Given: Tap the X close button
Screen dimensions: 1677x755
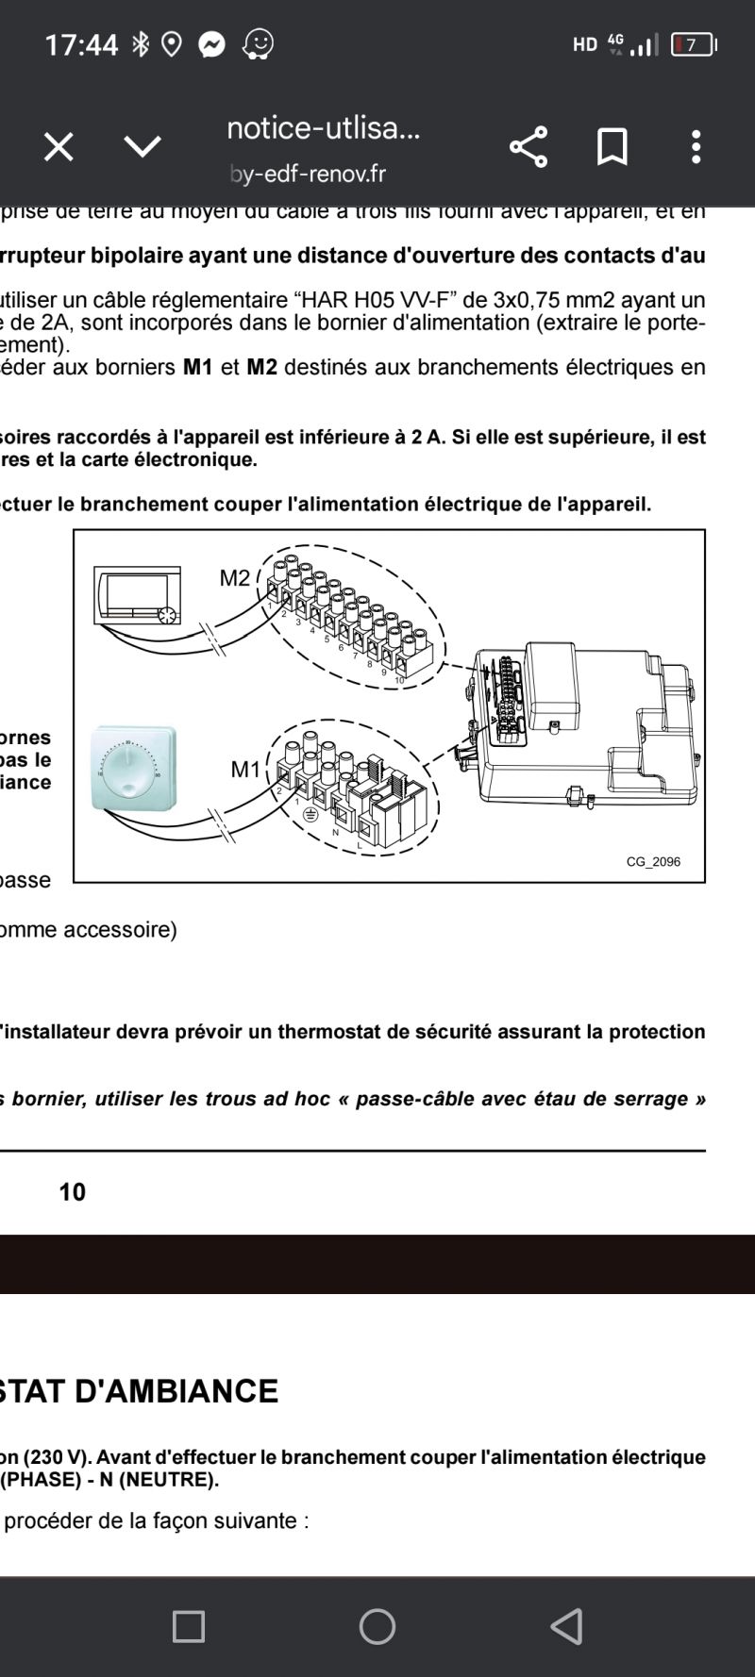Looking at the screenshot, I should click(59, 147).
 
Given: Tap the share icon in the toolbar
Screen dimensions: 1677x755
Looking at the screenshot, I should click(528, 147).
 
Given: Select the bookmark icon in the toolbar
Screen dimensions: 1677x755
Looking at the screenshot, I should click(612, 147).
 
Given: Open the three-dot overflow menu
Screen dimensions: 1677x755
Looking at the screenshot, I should click(696, 147).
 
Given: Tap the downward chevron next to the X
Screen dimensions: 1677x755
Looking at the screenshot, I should click(143, 147).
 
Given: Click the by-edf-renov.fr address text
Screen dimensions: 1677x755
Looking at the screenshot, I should click(308, 174).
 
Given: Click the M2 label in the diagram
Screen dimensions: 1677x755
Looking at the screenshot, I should click(235, 577).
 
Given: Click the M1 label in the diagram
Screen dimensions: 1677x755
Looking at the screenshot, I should click(245, 770).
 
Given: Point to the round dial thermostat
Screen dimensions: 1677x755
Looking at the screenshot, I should click(133, 769).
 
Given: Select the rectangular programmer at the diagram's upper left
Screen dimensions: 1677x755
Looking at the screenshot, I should click(138, 595).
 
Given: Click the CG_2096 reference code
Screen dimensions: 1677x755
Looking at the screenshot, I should click(653, 861).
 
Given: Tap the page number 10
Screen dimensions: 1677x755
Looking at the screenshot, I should click(72, 1192).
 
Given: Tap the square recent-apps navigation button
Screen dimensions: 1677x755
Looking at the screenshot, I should click(189, 1626).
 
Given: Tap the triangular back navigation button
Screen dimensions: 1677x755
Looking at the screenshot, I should click(566, 1626).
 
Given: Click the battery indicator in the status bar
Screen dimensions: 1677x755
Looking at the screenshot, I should click(693, 44).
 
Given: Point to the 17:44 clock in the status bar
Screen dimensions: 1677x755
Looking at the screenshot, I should click(81, 44).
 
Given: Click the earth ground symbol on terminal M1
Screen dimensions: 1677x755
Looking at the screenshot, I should click(309, 812).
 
